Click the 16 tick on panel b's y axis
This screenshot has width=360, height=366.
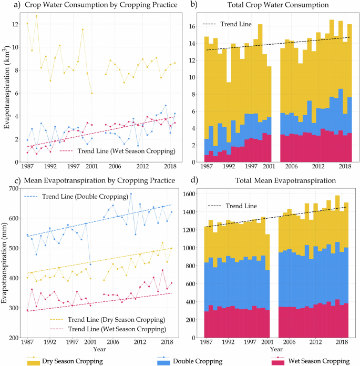[x=192, y=26]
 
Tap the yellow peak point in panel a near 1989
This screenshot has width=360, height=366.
[x=36, y=16]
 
